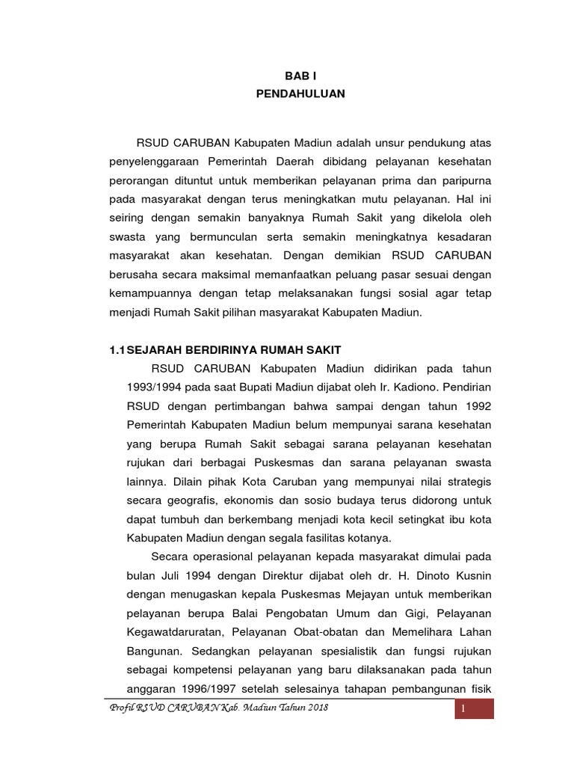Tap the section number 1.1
[117, 350]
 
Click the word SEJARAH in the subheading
[155, 350]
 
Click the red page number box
[475, 708]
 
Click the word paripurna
[463, 181]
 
